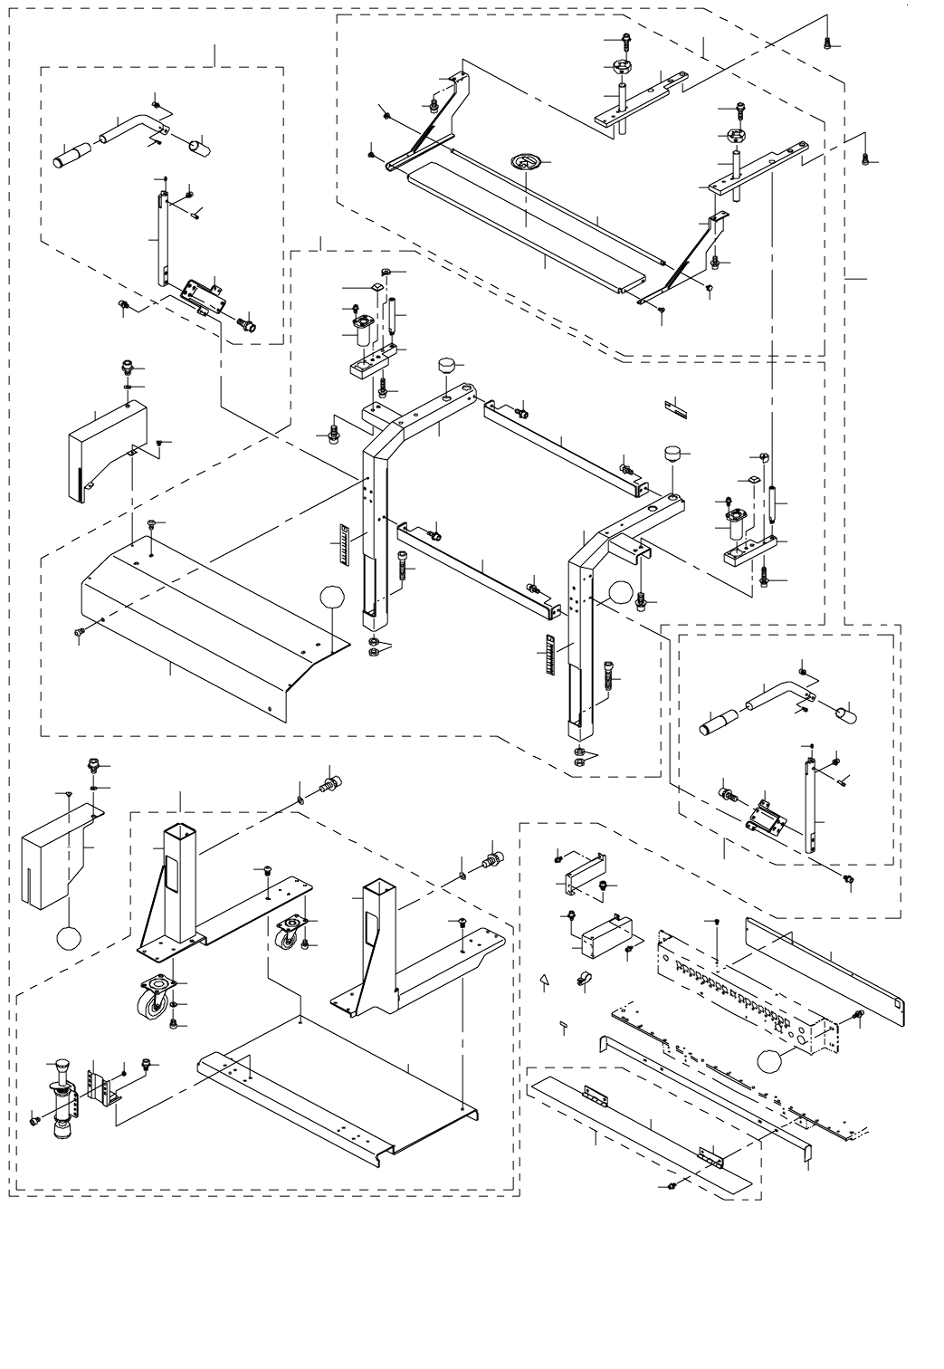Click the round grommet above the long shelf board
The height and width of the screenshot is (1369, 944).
pos(524,161)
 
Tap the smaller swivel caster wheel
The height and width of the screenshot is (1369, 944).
pos(289,933)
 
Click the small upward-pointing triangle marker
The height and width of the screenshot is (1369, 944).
pos(544,981)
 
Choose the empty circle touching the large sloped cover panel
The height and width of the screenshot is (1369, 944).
pos(332,598)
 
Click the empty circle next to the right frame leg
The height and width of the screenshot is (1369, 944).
pos(620,594)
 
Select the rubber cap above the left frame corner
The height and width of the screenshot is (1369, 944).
pos(447,367)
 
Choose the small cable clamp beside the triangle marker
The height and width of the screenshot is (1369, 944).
pos(583,980)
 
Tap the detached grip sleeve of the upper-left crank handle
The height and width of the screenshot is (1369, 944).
pos(73,155)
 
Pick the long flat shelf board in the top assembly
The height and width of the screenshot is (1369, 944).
pos(529,231)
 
